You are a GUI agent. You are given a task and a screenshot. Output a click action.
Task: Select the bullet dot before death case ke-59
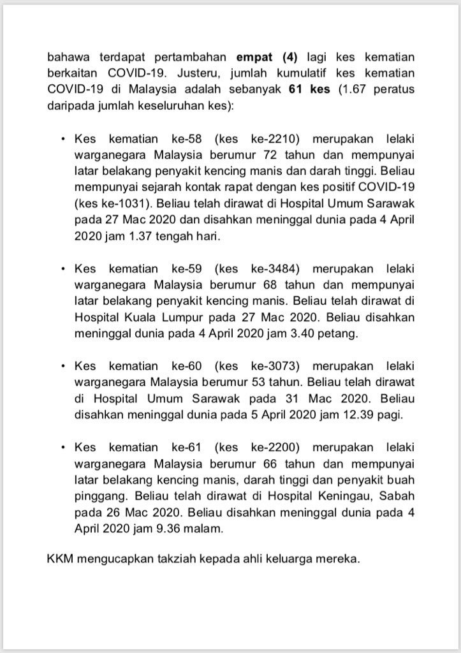[62, 269]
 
